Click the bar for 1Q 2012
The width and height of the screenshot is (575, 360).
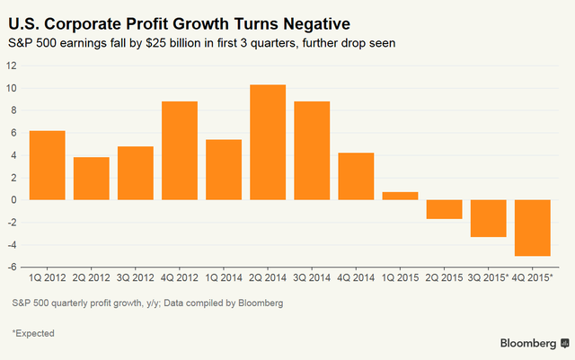coord(47,165)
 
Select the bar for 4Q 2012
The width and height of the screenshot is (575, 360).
coord(180,151)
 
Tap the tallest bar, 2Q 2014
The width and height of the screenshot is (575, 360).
coord(268,142)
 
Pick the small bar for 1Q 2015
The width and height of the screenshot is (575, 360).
coord(400,196)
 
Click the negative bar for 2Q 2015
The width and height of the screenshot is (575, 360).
coord(444,209)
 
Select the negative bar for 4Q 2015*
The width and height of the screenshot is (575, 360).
coord(532,228)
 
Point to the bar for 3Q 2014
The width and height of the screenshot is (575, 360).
coord(312,151)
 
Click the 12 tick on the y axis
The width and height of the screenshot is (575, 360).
coord(11,66)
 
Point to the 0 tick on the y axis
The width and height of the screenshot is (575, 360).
coord(13,200)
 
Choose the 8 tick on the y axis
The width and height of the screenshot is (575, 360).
coord(13,110)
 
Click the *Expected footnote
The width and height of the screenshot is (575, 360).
coord(33,333)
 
